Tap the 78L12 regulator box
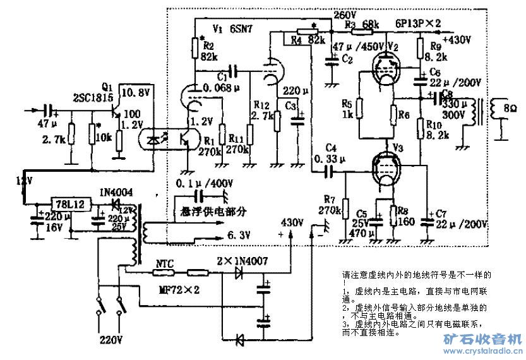click(x=65, y=205)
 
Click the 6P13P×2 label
click(x=418, y=23)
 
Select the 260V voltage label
click(x=341, y=13)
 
